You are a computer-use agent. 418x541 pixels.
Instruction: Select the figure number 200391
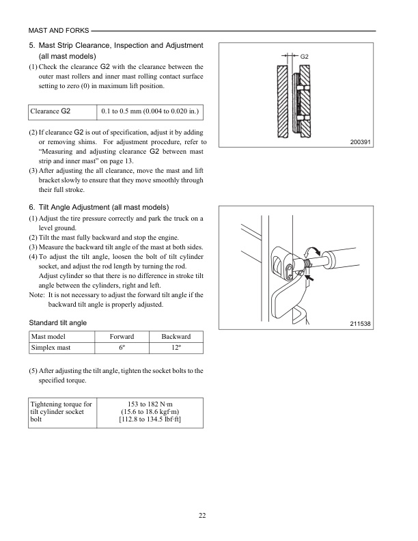point(359,142)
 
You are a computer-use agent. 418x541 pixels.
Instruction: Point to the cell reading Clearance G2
point(51,110)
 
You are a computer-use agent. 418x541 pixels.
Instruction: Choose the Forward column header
point(122,337)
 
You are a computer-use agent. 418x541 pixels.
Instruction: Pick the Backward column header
point(176,337)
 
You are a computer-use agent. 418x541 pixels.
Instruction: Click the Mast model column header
point(53,337)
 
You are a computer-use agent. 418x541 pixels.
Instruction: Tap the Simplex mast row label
point(54,348)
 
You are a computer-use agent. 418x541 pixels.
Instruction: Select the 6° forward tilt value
point(122,348)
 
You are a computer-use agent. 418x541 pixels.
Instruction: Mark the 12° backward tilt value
point(176,348)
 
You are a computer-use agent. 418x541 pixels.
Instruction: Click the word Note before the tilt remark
point(36,294)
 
